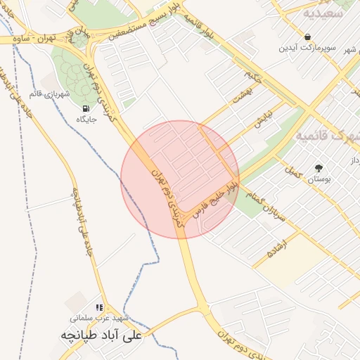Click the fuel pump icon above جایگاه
click(x=86, y=108)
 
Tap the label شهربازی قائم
click(x=51, y=94)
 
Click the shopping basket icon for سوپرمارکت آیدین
click(x=308, y=37)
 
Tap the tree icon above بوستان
click(x=319, y=168)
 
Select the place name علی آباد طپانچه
click(x=101, y=335)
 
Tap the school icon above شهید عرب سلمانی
click(x=100, y=307)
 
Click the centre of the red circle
click(x=180, y=179)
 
